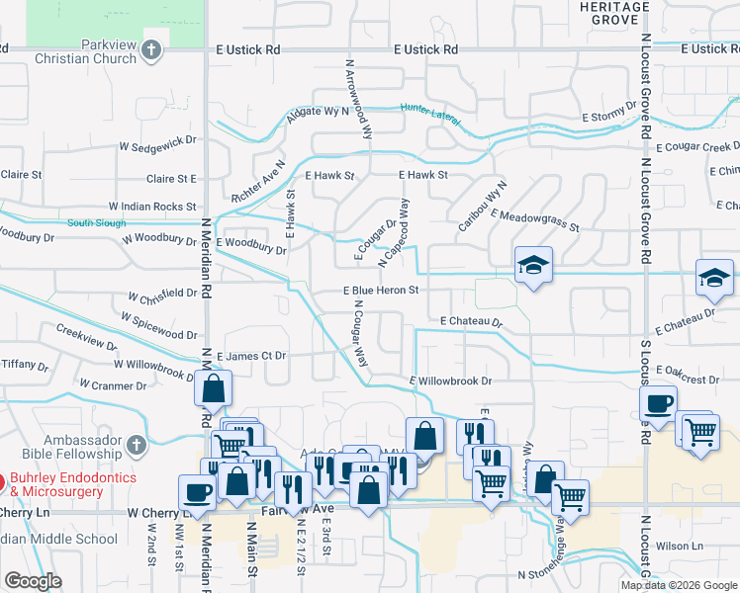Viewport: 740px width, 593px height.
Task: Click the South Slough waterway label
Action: coord(96,222)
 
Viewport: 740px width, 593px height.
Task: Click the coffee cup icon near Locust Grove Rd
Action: coord(657,403)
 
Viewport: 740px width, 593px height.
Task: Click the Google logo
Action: coord(33,581)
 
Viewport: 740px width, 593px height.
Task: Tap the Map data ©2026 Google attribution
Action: coord(678,585)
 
